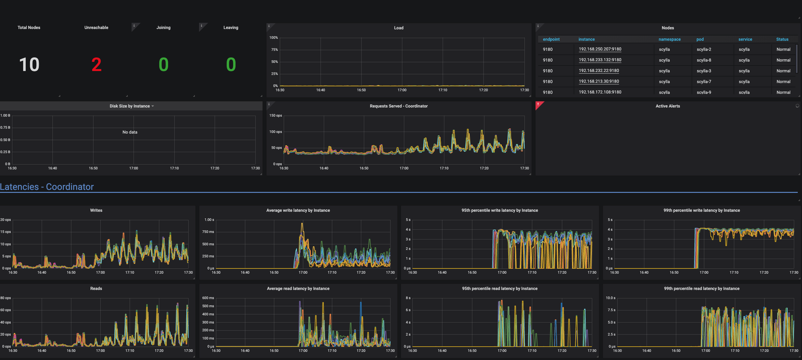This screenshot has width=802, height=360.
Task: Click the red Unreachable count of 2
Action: pos(96,65)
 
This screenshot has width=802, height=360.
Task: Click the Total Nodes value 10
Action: pos(29,65)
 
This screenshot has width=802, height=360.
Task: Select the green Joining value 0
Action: pos(164,65)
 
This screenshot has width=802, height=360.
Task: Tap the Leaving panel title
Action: pos(231,28)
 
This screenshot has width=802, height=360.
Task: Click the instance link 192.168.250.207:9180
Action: pos(600,49)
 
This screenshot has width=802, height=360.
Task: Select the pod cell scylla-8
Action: pos(704,60)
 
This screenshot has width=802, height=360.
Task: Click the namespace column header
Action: pos(669,39)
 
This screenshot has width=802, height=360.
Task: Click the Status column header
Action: pos(782,39)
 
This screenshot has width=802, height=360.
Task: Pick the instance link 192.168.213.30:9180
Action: pos(599,81)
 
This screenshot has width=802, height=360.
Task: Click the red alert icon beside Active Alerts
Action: pos(538,104)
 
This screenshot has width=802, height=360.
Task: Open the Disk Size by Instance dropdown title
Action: pos(132,106)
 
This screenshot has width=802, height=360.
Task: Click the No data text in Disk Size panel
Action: pos(130,132)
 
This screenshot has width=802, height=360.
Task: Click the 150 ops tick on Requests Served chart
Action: pos(275,116)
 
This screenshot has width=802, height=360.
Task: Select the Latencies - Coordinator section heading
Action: pos(47,187)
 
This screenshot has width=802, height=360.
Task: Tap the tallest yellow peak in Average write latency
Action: pos(302,224)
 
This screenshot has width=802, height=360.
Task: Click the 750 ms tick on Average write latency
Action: pos(208,232)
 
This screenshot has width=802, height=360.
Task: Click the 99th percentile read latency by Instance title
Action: pos(701,289)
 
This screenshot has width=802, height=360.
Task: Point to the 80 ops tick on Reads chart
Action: pos(6,298)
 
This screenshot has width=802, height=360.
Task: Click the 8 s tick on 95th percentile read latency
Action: pos(408,298)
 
